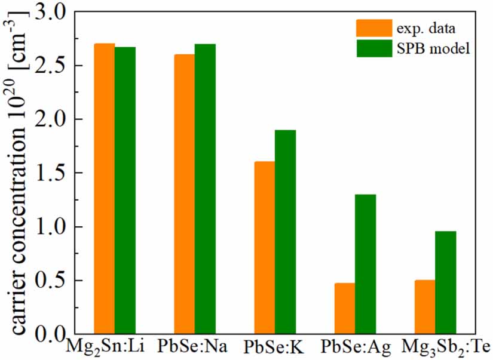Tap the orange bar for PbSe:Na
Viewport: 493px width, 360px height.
tap(184, 194)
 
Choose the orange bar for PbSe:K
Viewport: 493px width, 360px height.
tap(264, 248)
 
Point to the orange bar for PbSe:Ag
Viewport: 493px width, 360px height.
tap(345, 308)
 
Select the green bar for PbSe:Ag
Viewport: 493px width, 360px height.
tap(365, 264)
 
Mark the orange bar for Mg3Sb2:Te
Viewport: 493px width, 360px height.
tap(425, 307)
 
